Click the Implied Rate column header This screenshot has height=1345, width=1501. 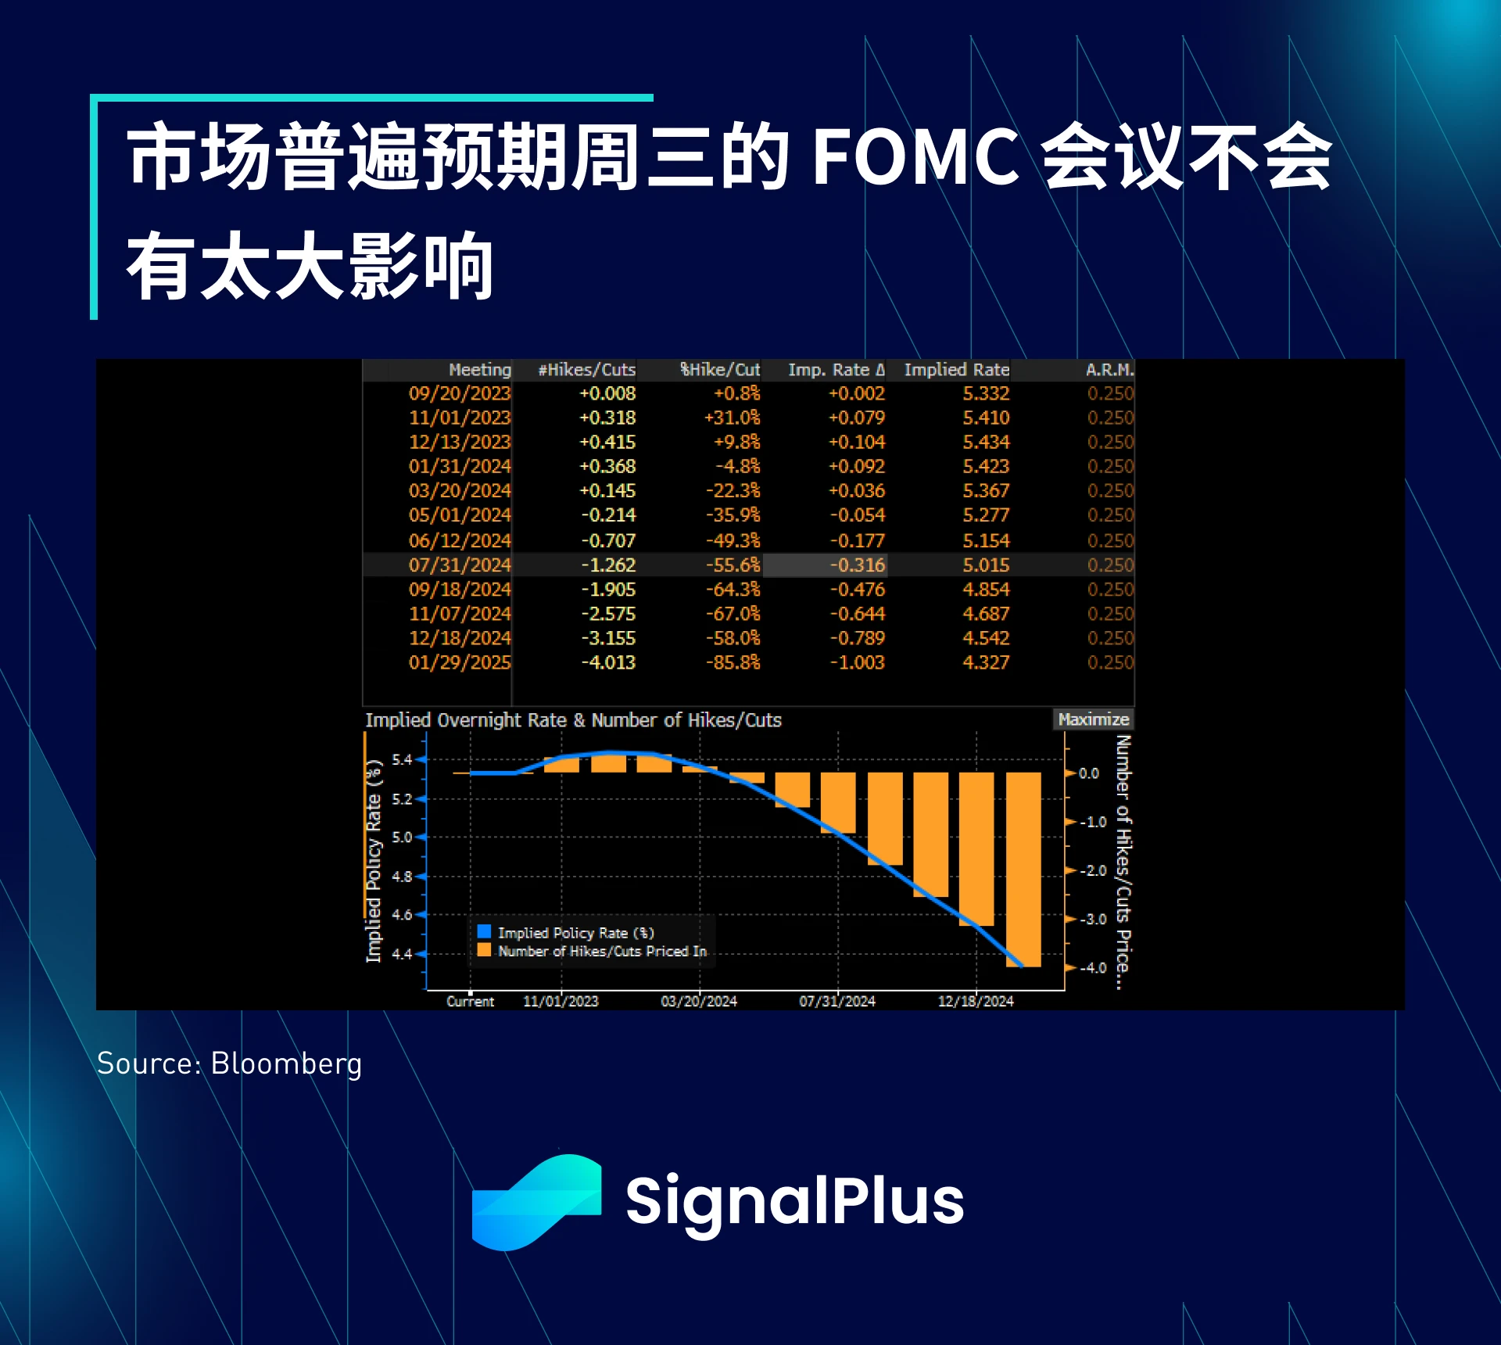(x=956, y=369)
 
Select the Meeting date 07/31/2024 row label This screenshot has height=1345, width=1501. (x=460, y=565)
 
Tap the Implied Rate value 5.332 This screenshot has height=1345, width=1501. (x=986, y=393)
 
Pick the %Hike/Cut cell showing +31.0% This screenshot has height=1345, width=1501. (x=732, y=418)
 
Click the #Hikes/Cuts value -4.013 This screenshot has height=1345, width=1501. (x=608, y=662)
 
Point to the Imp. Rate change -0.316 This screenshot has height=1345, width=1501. (x=857, y=565)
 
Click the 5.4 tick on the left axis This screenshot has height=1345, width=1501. (x=402, y=759)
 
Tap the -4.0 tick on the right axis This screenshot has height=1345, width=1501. (x=1093, y=968)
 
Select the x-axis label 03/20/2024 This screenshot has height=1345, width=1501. (x=699, y=1001)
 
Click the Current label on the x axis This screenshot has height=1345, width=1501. (x=470, y=1001)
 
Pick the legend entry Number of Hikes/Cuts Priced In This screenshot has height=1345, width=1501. (x=592, y=951)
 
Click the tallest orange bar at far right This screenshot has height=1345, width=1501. (x=1023, y=870)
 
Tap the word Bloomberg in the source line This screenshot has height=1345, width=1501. (x=286, y=1063)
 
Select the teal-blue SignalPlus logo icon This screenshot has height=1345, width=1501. (x=537, y=1203)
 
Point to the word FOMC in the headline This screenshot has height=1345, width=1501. (x=915, y=156)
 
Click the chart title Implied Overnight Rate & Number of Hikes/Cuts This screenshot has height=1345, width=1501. (x=573, y=719)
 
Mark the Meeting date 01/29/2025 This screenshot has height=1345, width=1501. (x=460, y=662)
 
